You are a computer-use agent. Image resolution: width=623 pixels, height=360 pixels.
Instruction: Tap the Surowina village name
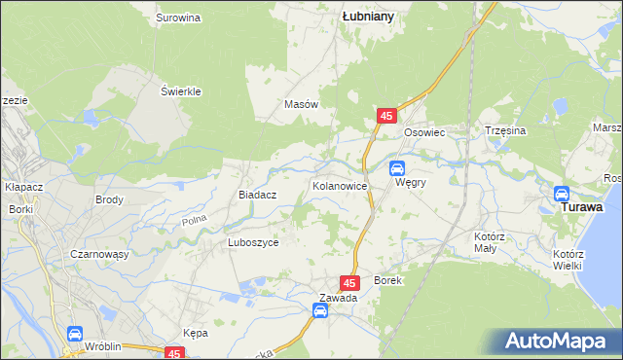[x=178, y=18]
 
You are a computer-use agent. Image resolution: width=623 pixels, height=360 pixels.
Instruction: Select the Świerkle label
[x=180, y=91]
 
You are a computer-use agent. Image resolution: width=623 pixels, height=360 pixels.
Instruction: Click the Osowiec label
[x=423, y=131]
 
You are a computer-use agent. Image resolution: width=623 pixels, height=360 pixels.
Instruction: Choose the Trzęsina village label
[x=505, y=130]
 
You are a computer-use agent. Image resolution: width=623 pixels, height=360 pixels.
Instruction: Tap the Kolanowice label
[x=339, y=184]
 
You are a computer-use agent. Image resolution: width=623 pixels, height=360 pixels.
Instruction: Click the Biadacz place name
[x=258, y=195]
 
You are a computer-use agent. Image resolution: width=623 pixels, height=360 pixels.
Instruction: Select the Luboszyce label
[x=253, y=243]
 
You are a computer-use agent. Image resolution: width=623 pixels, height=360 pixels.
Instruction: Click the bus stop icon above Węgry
[x=398, y=154]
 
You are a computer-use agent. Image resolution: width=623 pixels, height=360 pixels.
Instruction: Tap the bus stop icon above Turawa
[x=563, y=193]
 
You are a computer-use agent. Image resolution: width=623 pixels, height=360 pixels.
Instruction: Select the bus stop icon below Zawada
[x=320, y=311]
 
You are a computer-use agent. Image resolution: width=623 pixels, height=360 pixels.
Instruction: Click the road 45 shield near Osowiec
[x=387, y=116]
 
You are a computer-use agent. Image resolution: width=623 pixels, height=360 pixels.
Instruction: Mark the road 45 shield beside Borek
[x=353, y=281]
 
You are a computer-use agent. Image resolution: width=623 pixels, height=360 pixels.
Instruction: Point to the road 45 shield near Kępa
[x=175, y=354]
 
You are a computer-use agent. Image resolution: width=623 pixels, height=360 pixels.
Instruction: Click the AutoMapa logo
[x=561, y=341]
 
